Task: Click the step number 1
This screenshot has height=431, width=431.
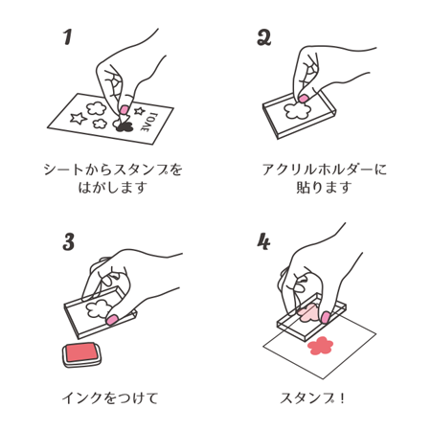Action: click(x=68, y=37)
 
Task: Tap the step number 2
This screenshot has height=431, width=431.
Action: click(x=264, y=38)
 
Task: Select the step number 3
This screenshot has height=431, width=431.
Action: click(x=69, y=242)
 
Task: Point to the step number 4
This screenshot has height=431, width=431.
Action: click(x=264, y=242)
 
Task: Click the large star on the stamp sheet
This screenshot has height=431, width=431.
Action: click(x=76, y=119)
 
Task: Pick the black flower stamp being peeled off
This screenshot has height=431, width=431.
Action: click(x=123, y=125)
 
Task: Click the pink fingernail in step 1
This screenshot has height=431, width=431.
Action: click(x=125, y=110)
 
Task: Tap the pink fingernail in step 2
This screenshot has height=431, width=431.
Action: click(x=305, y=99)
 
